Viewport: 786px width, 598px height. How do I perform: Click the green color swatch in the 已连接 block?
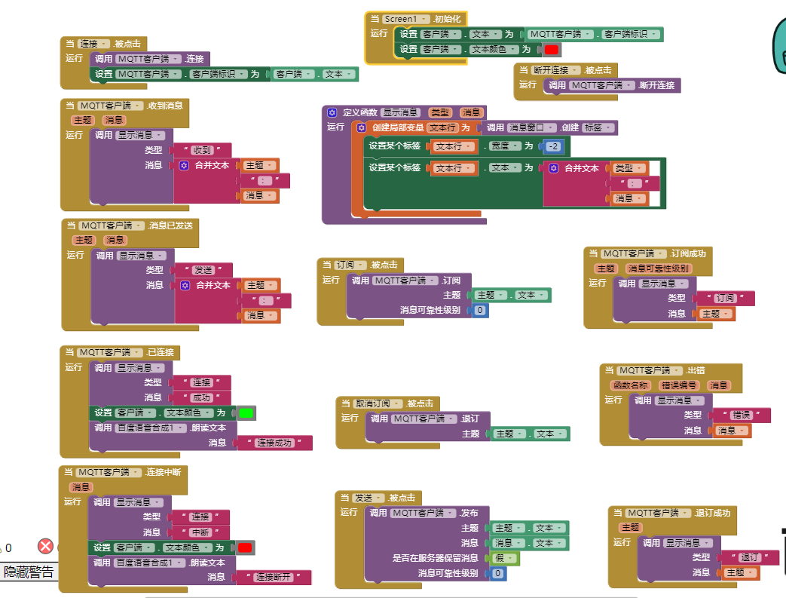[x=246, y=413]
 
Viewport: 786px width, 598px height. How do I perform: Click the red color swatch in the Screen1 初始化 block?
[x=552, y=50]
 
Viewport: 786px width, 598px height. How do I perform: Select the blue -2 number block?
[x=554, y=146]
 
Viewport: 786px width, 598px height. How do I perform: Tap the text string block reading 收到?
[x=201, y=150]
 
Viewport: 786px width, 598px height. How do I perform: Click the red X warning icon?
[x=46, y=547]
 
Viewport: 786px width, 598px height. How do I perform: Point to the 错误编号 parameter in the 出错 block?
[x=678, y=385]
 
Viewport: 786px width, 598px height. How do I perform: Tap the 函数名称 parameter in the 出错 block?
[x=629, y=385]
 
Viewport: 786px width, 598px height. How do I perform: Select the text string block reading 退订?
[x=748, y=558]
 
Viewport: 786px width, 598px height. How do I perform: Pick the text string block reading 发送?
[x=202, y=270]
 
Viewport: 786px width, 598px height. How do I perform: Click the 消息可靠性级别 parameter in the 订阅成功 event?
[x=658, y=268]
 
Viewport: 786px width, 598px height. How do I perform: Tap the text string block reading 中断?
[x=200, y=532]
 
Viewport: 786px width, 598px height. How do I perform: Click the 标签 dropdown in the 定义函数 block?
[x=598, y=127]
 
